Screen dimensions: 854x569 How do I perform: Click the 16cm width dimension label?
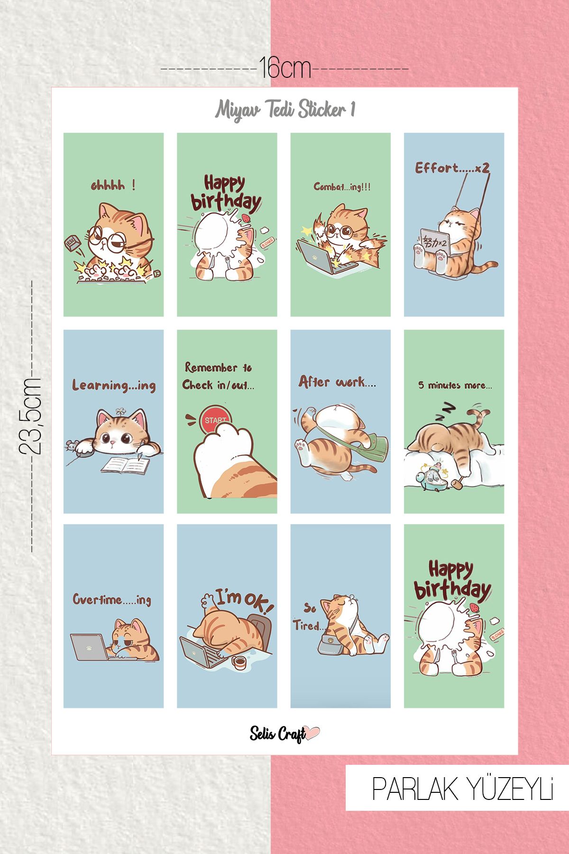284,69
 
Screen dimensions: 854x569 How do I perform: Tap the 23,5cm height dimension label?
30,416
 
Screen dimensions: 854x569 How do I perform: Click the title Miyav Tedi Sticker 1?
285,110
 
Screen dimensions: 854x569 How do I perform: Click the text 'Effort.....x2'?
452,168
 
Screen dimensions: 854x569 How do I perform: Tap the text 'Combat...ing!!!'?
342,187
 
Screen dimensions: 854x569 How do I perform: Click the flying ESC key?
71,243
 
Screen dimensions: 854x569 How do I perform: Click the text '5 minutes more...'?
454,385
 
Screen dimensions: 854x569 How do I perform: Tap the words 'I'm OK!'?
244,599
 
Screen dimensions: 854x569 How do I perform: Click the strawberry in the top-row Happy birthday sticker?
246,218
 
